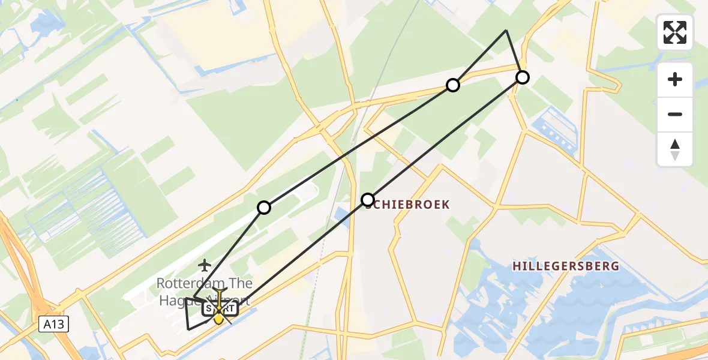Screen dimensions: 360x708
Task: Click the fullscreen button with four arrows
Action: [x=675, y=32]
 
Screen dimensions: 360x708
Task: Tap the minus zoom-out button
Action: [x=675, y=115]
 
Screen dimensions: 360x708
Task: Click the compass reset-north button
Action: [x=675, y=149]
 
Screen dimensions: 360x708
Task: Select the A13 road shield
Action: [x=55, y=325]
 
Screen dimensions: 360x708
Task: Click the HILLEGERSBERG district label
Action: [x=566, y=266]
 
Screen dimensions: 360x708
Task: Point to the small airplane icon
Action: [x=205, y=264]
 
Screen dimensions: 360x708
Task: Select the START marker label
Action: [x=220, y=309]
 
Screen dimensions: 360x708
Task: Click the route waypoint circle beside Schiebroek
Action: [x=368, y=199]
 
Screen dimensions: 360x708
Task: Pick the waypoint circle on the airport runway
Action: [x=264, y=208]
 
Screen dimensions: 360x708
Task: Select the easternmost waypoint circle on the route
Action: [x=523, y=77]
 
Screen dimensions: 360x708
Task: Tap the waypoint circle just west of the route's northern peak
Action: [x=453, y=85]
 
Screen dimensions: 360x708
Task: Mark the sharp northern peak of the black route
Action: [x=506, y=30]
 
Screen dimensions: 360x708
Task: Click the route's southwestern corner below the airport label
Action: [x=189, y=329]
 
